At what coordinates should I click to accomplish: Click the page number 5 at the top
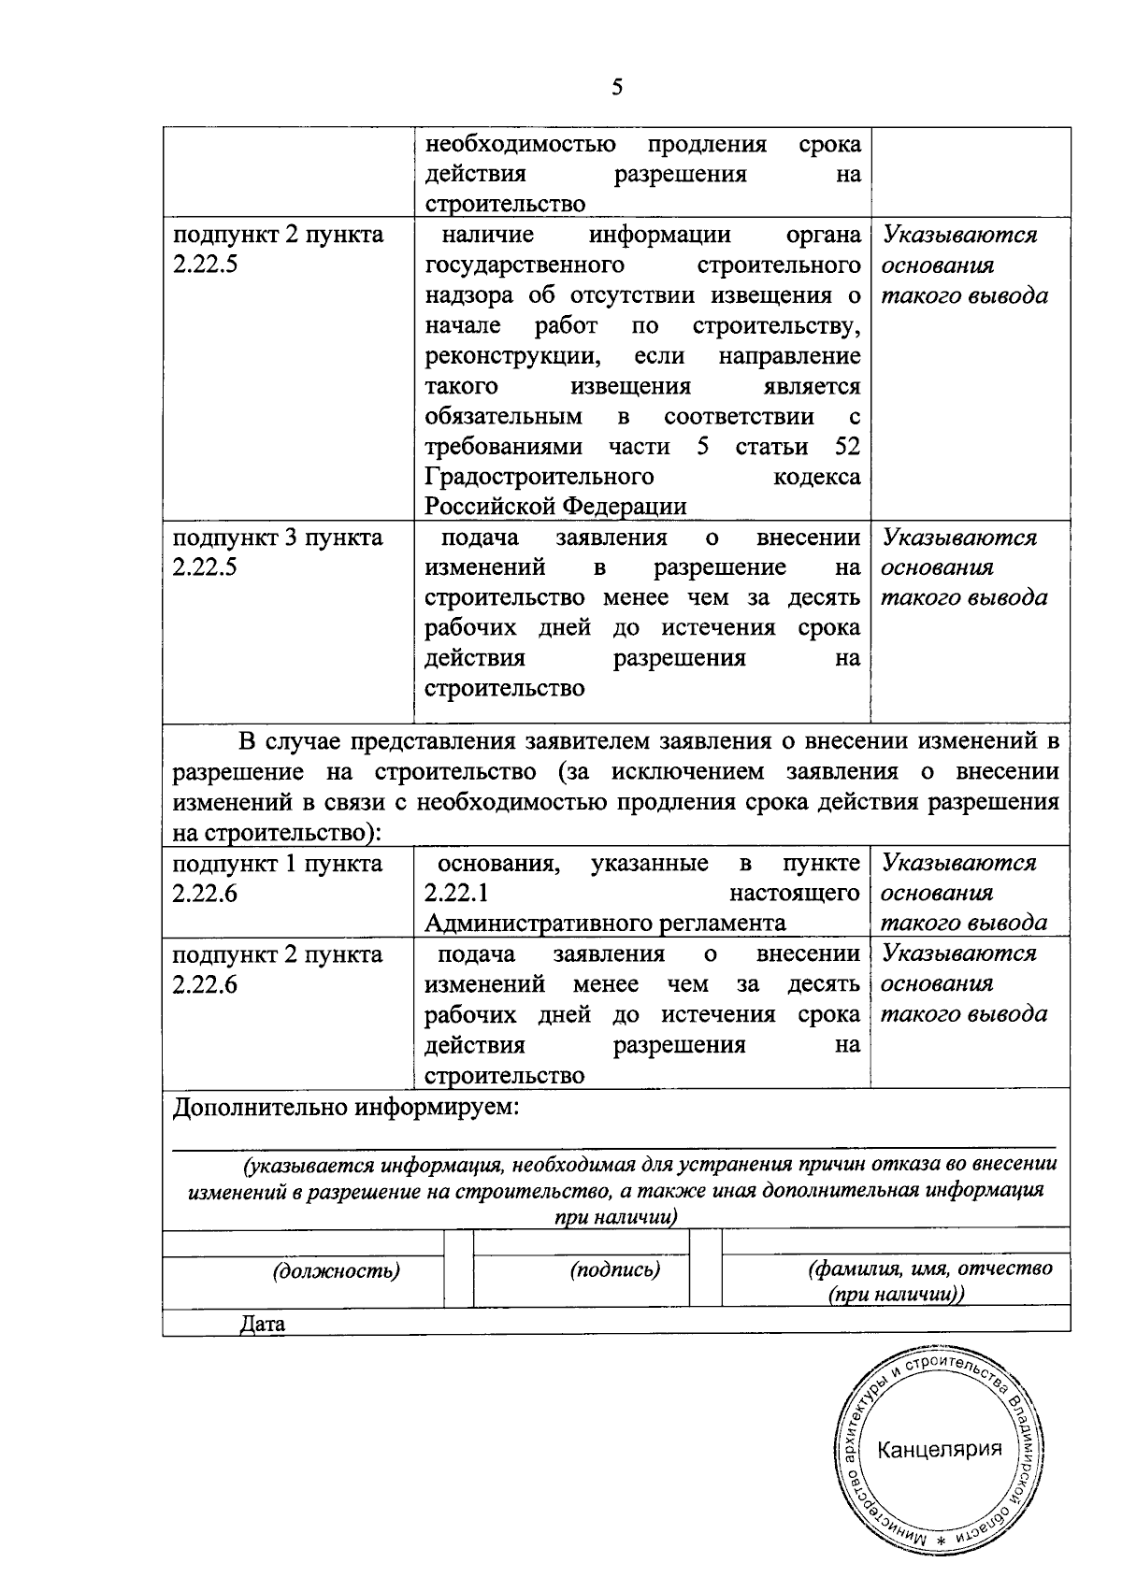pos(616,88)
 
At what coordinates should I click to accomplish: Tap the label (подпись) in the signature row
pos(614,1269)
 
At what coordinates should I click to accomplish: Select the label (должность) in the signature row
pos(336,1270)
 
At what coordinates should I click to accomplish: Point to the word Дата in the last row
pos(263,1324)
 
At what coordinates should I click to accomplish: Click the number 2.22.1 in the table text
pos(457,893)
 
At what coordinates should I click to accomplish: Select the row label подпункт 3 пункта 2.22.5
pos(278,552)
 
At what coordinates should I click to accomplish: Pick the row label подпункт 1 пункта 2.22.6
pos(278,877)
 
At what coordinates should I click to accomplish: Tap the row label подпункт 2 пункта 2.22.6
pos(278,968)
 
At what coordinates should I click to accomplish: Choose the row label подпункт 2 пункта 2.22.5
pos(278,249)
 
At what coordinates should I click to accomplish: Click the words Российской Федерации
pos(555,507)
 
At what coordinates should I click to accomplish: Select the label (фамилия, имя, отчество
pos(929,1268)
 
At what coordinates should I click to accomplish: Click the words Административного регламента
pos(604,924)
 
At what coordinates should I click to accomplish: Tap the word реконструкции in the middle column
pos(511,356)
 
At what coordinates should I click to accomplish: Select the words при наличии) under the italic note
pos(615,1217)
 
